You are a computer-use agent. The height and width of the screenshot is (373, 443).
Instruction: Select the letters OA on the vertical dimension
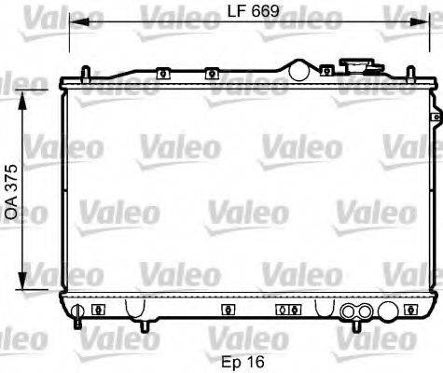pyautogui.click(x=11, y=207)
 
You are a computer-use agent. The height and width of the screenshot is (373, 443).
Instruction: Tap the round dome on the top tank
pyautogui.click(x=298, y=68)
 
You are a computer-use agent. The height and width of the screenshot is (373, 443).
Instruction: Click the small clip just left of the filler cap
pyautogui.click(x=326, y=70)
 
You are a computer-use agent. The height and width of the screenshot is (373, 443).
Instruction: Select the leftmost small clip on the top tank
pyautogui.click(x=162, y=72)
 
